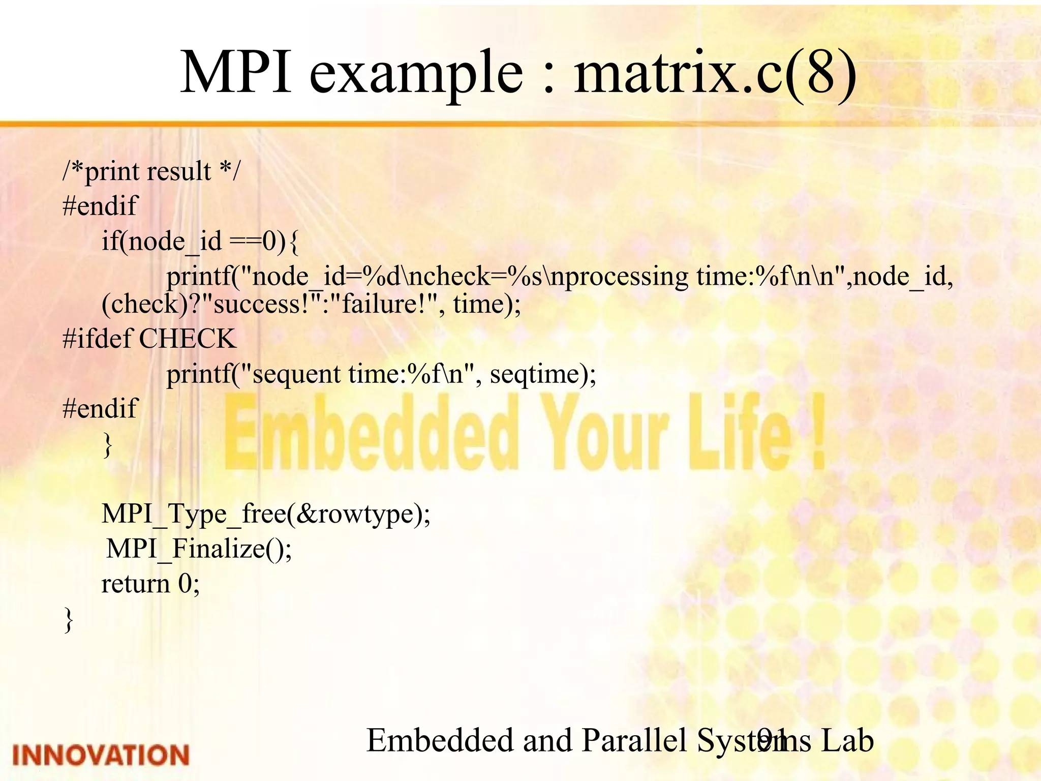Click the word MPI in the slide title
(x=236, y=72)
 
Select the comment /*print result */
(x=151, y=171)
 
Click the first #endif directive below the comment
(x=100, y=206)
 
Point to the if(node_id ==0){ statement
(x=200, y=241)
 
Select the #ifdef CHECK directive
(x=149, y=339)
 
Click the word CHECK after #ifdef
(x=188, y=339)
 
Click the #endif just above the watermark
(x=100, y=408)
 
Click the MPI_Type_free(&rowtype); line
(x=266, y=514)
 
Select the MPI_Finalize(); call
(x=199, y=549)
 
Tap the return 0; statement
(x=150, y=584)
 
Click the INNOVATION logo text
(x=101, y=755)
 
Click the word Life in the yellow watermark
(x=740, y=432)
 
